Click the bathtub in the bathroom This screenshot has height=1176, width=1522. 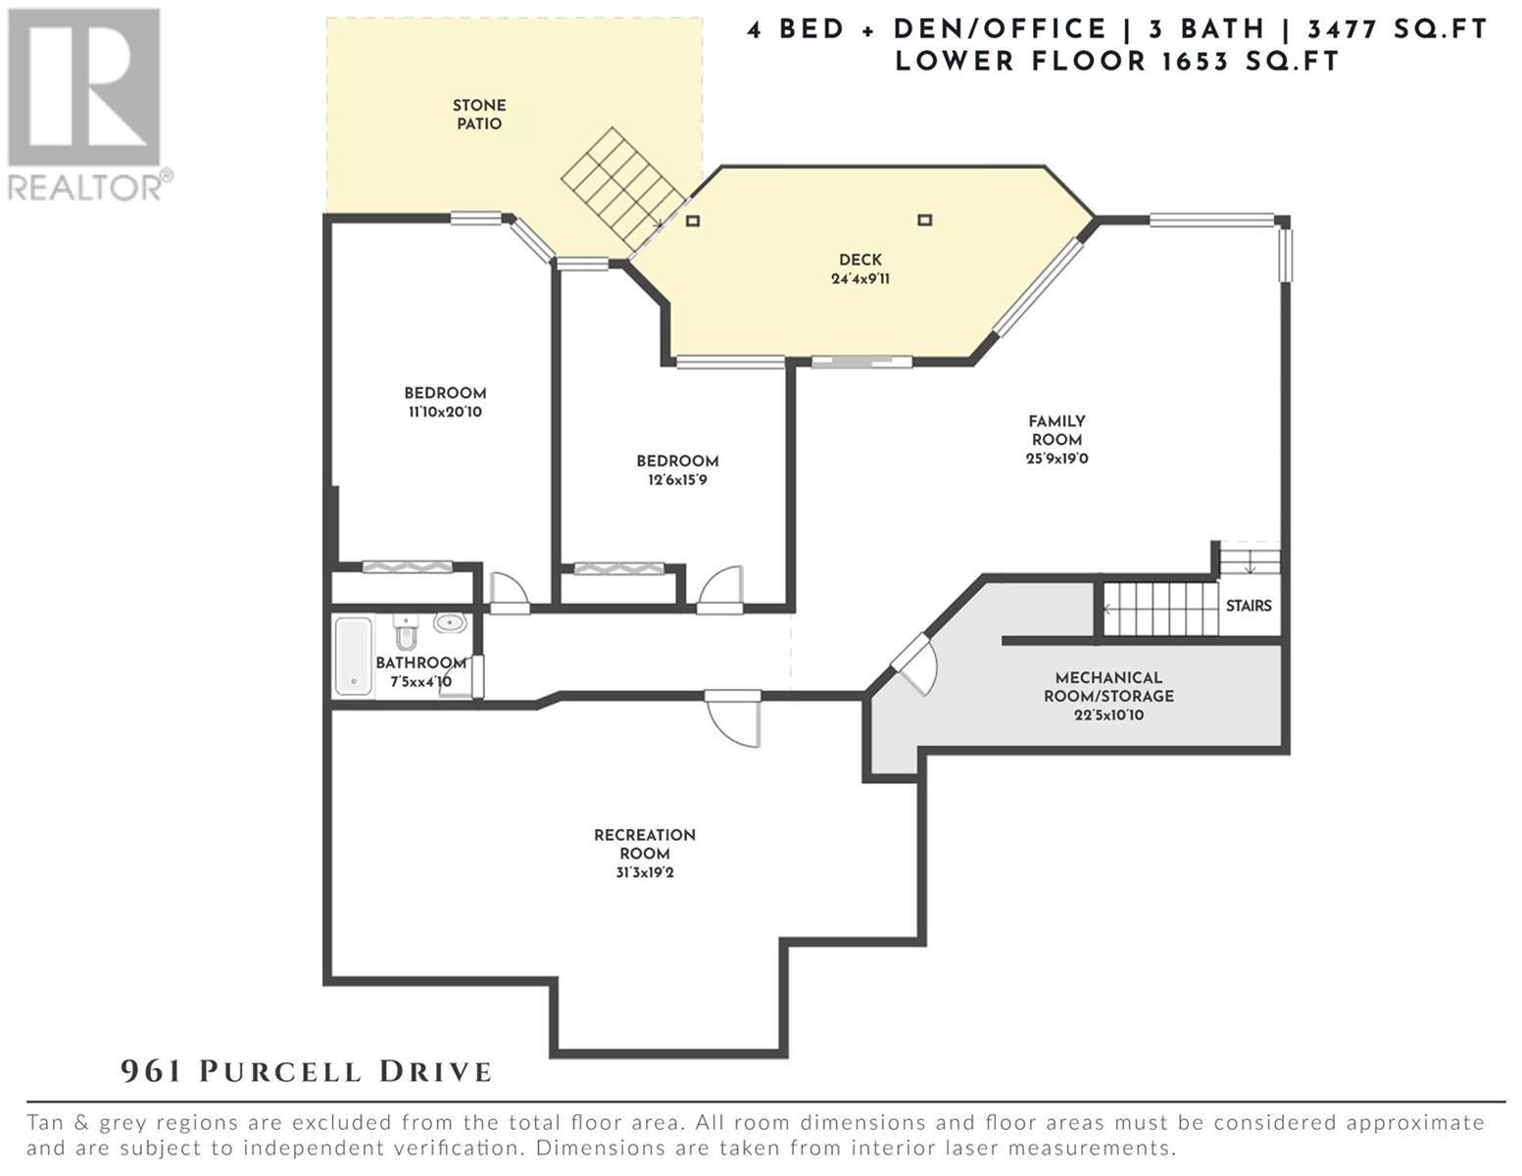[x=353, y=656]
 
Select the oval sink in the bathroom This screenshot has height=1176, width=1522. [x=451, y=622]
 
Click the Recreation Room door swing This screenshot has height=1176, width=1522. [x=733, y=720]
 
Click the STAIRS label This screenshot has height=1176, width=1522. [x=1249, y=606]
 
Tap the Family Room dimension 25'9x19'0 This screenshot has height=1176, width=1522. [x=1056, y=459]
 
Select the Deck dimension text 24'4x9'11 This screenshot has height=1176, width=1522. [x=860, y=278]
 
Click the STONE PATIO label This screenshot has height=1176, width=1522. [x=479, y=114]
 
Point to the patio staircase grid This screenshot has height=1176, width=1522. [x=622, y=188]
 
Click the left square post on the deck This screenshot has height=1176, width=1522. [x=693, y=220]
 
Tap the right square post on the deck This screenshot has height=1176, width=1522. [x=924, y=220]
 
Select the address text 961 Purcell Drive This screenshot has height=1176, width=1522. [x=306, y=1072]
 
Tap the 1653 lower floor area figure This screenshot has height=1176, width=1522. [x=1195, y=61]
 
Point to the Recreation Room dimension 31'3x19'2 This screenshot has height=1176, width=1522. [x=645, y=873]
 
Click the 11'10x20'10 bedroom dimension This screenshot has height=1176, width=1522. [x=446, y=412]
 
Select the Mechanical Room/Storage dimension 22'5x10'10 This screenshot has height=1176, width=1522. [x=1108, y=715]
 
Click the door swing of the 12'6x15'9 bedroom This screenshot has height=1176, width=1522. [x=720, y=587]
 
